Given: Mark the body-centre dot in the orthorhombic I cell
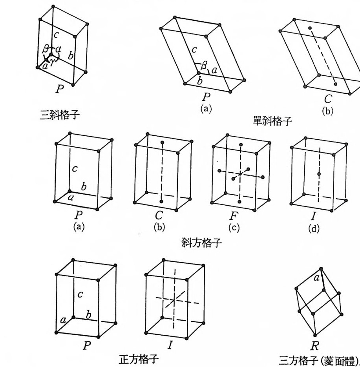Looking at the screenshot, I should point(319,173).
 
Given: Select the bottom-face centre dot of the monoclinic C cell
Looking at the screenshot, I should point(335,84).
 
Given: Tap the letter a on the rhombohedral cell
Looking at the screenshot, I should point(316,279).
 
